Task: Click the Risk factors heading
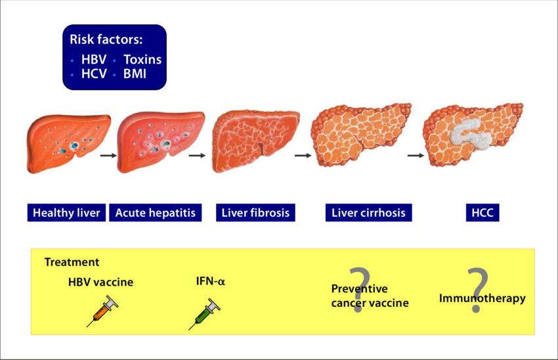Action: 106,39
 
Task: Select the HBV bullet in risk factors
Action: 93,60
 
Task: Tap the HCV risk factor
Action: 93,74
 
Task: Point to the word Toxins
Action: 142,60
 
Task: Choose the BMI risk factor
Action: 135,74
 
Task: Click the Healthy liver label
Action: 66,213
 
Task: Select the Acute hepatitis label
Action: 155,213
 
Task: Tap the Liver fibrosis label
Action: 255,213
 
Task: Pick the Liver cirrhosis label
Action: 368,213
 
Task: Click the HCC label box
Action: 483,213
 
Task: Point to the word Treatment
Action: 72,262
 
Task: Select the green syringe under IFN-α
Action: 205,313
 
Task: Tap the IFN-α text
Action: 210,281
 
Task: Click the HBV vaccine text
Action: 100,282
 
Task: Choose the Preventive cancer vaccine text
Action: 370,296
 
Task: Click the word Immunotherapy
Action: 482,298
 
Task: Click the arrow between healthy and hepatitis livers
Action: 108,156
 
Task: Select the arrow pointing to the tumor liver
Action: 415,156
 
